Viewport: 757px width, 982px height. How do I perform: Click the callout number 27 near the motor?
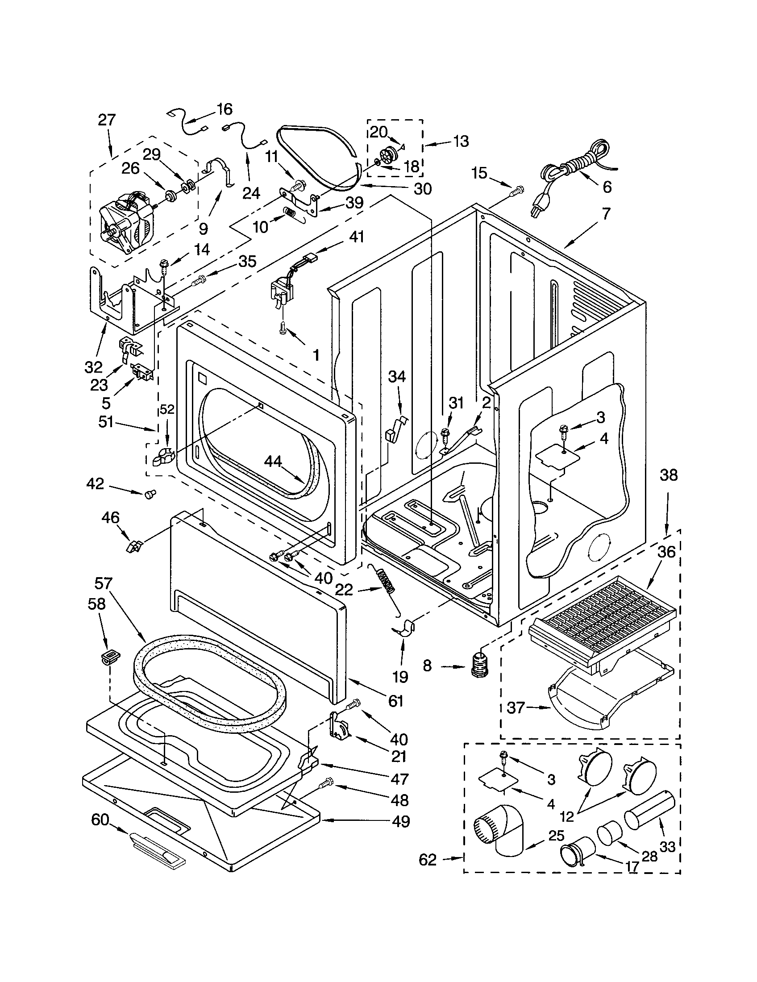pos(107,120)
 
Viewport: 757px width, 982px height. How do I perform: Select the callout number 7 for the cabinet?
pos(606,214)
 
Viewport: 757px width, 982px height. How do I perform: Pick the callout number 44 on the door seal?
pos(273,461)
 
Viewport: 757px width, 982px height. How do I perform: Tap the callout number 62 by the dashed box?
pos(427,860)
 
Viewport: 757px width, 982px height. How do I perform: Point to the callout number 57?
pos(103,584)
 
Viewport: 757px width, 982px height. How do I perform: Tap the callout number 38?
pos(668,474)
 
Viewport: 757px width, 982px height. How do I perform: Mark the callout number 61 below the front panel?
pos(395,700)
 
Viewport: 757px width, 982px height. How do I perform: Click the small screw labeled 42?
pos(149,494)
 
